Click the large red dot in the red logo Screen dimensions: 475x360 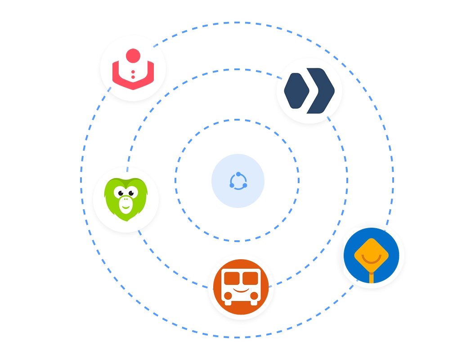point(133,56)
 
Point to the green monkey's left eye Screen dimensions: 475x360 point(120,193)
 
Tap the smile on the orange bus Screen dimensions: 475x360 point(241,290)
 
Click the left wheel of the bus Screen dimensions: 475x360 point(228,303)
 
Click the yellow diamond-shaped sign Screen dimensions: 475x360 point(371,255)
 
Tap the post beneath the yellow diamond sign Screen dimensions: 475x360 point(371,276)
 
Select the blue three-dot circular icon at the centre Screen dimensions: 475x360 point(237,180)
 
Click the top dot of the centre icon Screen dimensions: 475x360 point(238,174)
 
